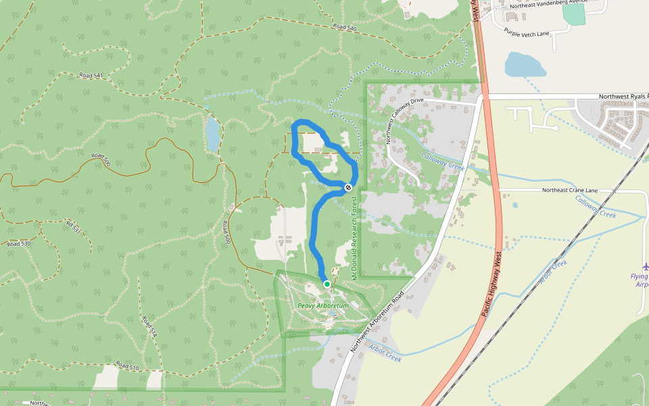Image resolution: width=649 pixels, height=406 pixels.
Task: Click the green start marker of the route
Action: click(327, 284)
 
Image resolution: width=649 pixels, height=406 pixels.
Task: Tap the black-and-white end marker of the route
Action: click(348, 187)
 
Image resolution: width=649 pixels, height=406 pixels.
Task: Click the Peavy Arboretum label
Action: click(323, 306)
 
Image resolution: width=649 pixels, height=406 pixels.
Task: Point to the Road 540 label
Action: click(344, 27)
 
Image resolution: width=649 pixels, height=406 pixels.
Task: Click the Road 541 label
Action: click(91, 75)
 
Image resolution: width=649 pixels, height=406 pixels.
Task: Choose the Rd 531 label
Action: click(74, 226)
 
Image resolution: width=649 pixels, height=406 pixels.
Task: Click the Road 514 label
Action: click(149, 326)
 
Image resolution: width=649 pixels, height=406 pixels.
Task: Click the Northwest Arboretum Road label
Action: click(377, 322)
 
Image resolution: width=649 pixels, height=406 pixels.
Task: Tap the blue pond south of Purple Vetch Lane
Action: click(525, 65)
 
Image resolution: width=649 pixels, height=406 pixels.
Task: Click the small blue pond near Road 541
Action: click(213, 133)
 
